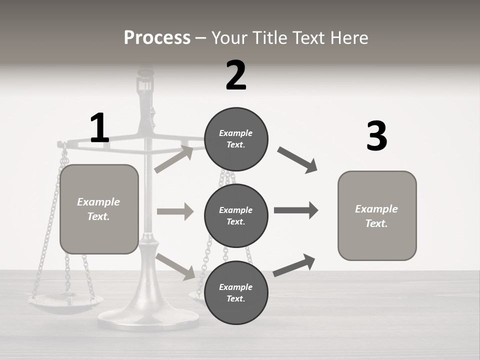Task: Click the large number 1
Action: tap(99, 128)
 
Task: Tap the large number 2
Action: tap(236, 75)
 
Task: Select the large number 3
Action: tap(376, 136)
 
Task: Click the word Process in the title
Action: tap(157, 38)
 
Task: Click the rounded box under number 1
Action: tap(99, 209)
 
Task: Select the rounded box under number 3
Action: tap(376, 216)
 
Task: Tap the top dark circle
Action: tap(236, 139)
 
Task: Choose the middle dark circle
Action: tap(236, 215)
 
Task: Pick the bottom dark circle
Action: tap(236, 292)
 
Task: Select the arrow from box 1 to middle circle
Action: tap(175, 211)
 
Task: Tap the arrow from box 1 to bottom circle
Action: tap(175, 266)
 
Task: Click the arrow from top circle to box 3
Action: tap(297, 160)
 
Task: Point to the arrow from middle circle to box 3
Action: tap(296, 210)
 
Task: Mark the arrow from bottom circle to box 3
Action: tap(294, 265)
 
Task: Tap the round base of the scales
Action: tap(148, 317)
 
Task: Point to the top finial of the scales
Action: tap(145, 75)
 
